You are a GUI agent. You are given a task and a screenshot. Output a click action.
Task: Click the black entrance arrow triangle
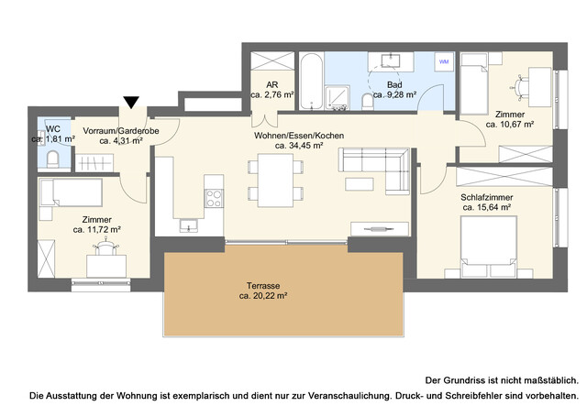pyautogui.click(x=132, y=103)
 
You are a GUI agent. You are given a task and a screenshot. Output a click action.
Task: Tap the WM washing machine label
pyautogui.click(x=444, y=61)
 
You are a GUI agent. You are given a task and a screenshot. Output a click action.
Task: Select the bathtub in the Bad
pyautogui.click(x=310, y=82)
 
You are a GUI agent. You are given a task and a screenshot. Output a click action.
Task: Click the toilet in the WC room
pyautogui.click(x=52, y=159)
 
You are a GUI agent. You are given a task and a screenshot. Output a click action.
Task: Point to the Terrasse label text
pyautogui.click(x=263, y=285)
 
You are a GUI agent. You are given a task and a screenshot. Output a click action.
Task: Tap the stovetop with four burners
pyautogui.click(x=214, y=196)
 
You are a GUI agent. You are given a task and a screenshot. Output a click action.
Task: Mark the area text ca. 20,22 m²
pyautogui.click(x=263, y=296)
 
